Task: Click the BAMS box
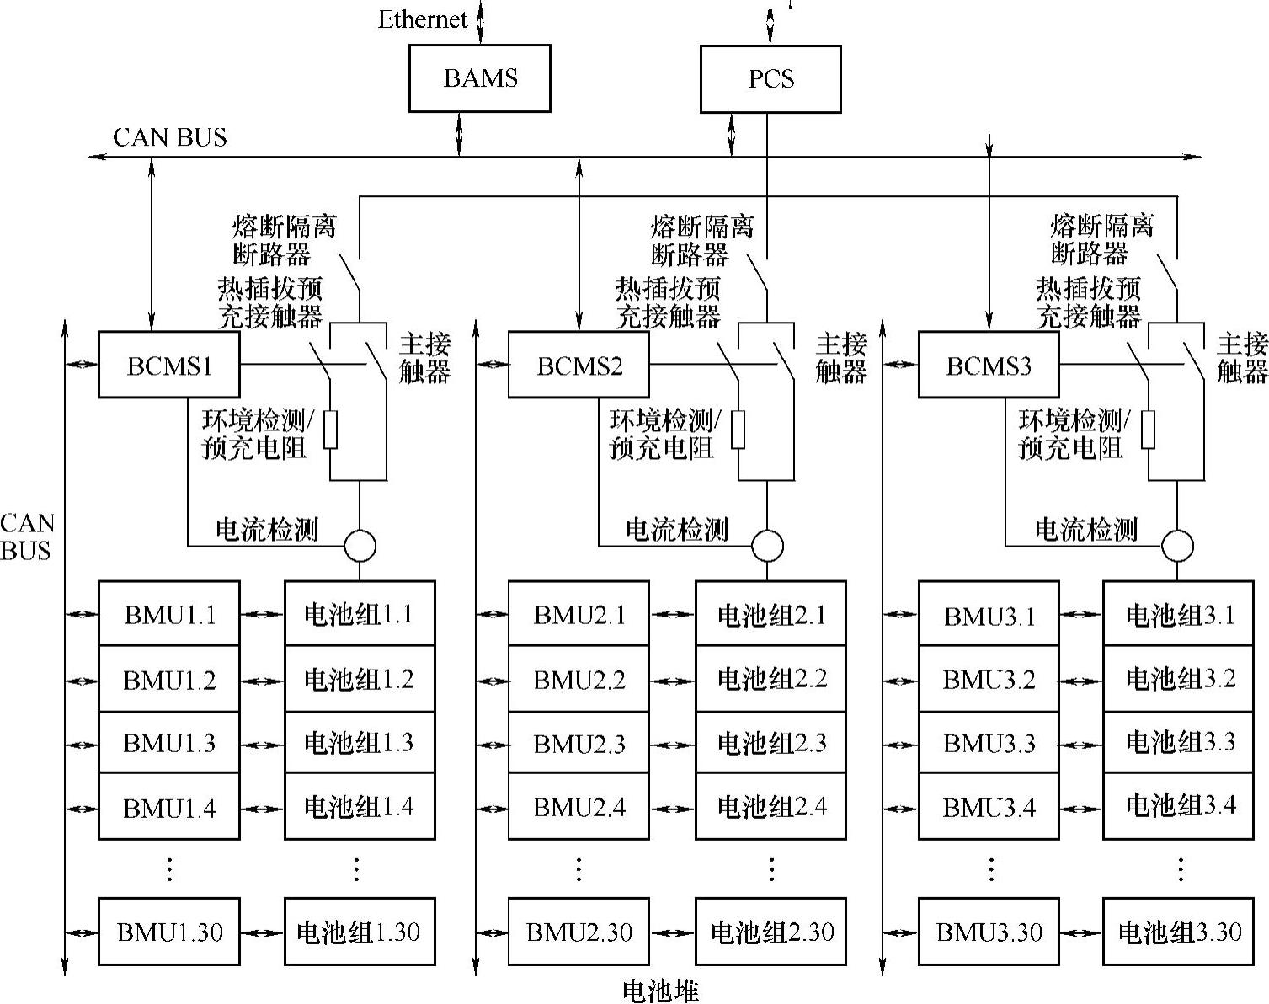coord(479,78)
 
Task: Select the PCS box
coord(770,78)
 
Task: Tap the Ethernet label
coord(422,19)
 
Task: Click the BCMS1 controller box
coord(169,365)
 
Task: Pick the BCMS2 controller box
coord(579,365)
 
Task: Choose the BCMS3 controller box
coord(989,365)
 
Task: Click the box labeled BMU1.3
coord(169,743)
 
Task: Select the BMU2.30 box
coord(579,932)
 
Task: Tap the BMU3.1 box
coord(989,615)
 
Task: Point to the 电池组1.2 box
coord(360,679)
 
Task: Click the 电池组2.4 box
coord(770,807)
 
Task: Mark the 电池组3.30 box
coord(1179,932)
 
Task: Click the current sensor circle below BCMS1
coord(360,546)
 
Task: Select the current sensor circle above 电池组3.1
coord(1177,546)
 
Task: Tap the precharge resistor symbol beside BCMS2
coord(738,430)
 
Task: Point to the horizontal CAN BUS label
coord(169,137)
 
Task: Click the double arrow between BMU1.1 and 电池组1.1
coord(262,614)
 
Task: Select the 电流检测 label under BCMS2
coord(676,529)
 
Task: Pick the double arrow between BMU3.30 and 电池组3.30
coord(1080,932)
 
